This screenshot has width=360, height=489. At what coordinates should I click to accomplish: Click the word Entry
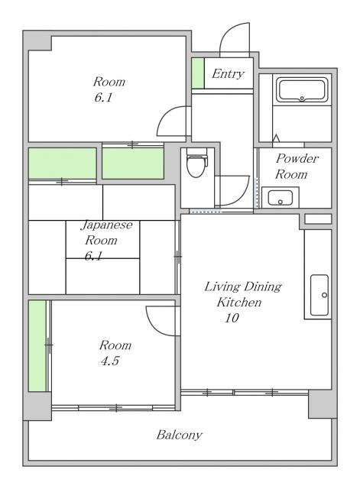coord(228,74)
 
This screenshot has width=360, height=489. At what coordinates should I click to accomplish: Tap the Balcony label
coord(179,435)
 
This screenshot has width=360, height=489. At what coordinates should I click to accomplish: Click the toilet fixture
coord(196,163)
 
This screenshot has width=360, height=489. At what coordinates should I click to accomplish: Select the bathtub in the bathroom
coord(302,90)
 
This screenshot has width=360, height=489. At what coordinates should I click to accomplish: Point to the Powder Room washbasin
coord(281,197)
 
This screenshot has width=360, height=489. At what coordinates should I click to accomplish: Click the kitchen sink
coord(319,295)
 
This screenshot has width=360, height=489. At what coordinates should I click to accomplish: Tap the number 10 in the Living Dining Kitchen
coord(232,318)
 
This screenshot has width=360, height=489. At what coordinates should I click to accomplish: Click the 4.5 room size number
coord(110,361)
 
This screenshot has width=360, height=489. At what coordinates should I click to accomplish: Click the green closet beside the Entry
coord(198,73)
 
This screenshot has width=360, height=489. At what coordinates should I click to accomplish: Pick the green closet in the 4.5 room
coord(37,345)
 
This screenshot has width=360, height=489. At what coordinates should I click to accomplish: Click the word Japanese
coord(107,225)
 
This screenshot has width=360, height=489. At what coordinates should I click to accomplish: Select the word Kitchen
coord(239,303)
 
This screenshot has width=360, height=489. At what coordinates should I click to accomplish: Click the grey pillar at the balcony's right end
coord(323,404)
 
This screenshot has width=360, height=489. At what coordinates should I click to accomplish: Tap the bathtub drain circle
coord(302,99)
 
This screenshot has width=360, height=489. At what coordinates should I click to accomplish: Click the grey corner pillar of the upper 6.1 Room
coord(37,40)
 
